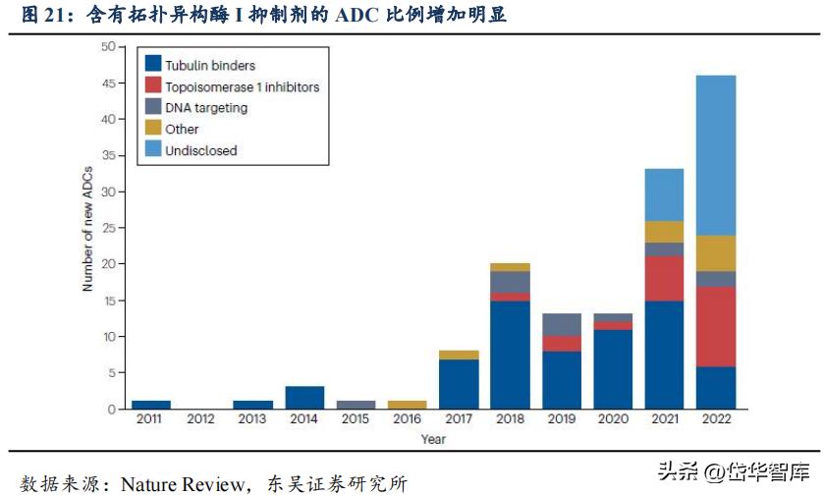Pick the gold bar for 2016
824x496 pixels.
406,405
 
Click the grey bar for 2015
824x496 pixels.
355,405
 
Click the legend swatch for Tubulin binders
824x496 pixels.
153,65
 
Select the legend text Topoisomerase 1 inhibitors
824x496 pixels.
242,86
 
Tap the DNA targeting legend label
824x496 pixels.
206,108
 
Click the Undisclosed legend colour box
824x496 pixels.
153,150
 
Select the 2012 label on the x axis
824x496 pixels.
201,419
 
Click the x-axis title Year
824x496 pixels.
432,439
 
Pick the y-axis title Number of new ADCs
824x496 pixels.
87,228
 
